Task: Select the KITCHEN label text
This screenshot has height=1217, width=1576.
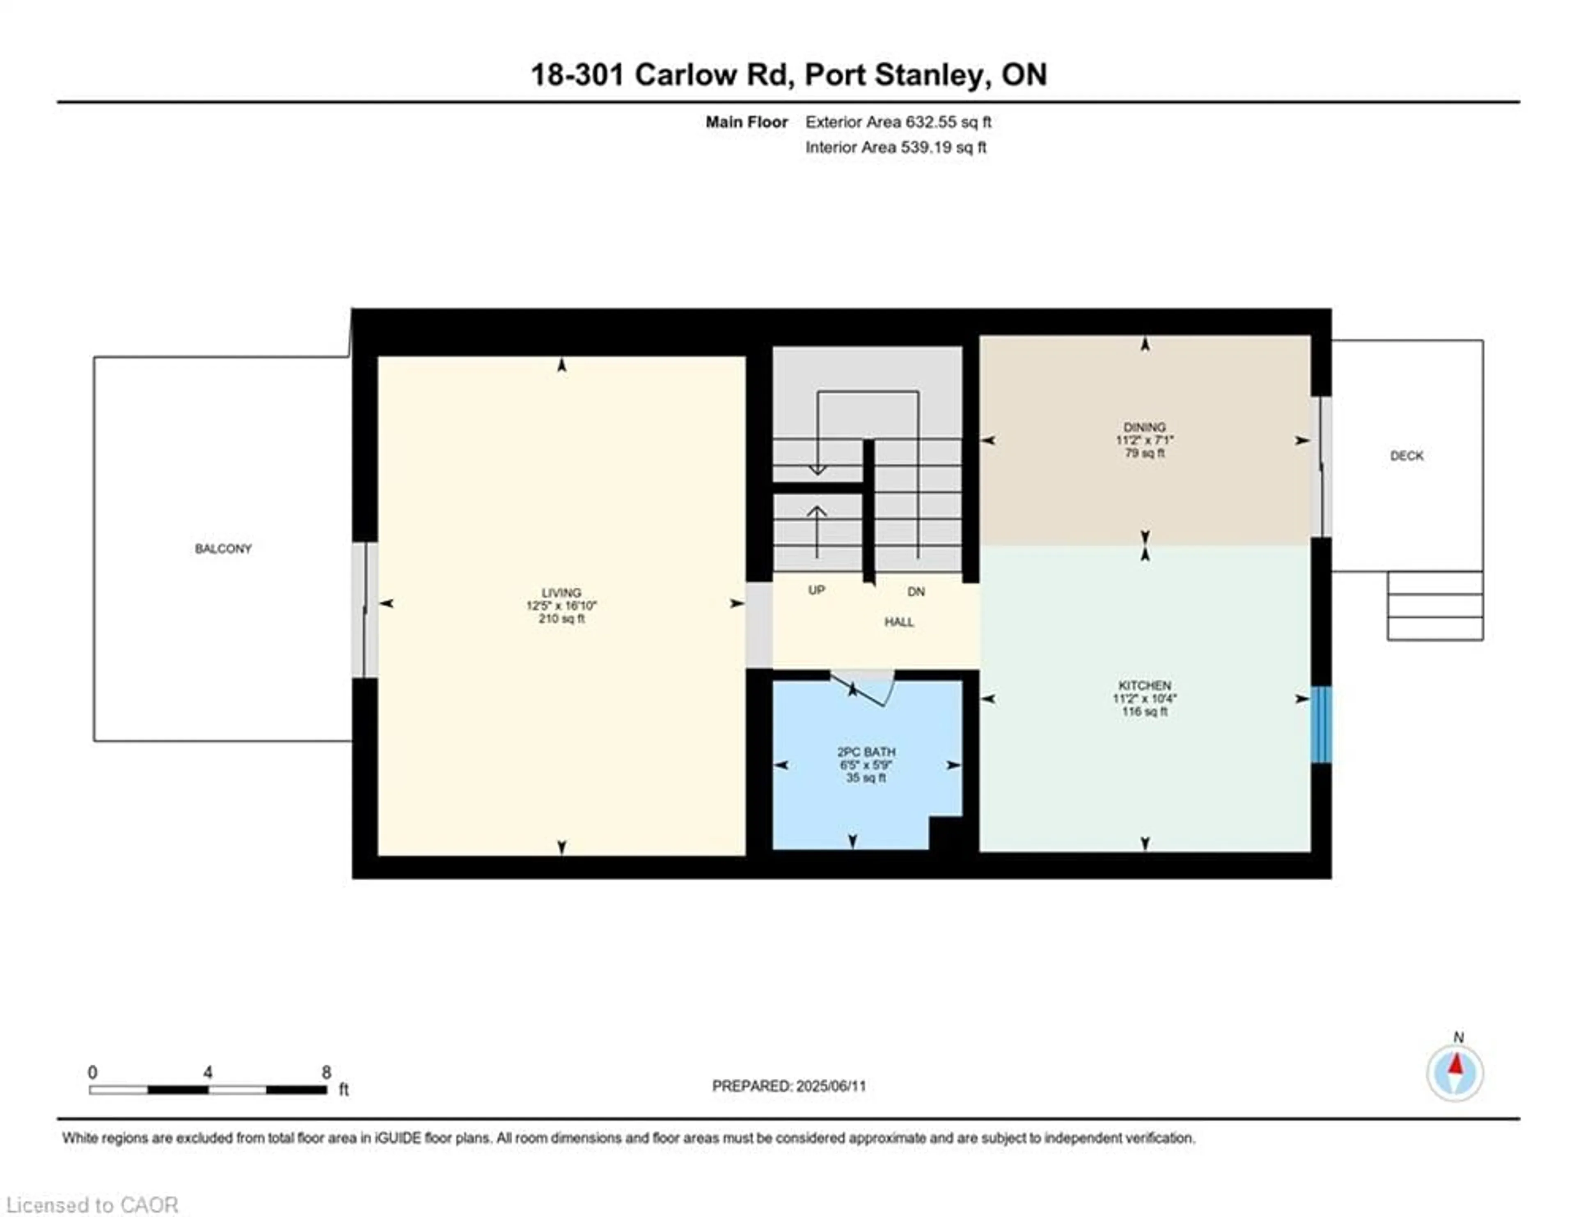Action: point(1145,685)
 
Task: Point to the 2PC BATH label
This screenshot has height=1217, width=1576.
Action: point(866,751)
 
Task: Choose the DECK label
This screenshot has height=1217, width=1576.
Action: point(1406,455)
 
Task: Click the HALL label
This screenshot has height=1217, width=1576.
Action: point(899,622)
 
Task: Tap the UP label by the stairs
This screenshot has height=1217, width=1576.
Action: point(816,590)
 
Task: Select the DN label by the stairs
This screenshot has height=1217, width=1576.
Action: point(916,591)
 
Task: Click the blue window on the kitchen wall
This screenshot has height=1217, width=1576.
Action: point(1321,724)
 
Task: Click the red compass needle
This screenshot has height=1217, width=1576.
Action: point(1455,1065)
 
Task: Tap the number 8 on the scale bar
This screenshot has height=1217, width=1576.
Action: point(326,1072)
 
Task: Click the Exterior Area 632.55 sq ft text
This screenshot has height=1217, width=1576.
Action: point(898,122)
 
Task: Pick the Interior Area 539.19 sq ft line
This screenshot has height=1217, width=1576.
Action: point(896,147)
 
